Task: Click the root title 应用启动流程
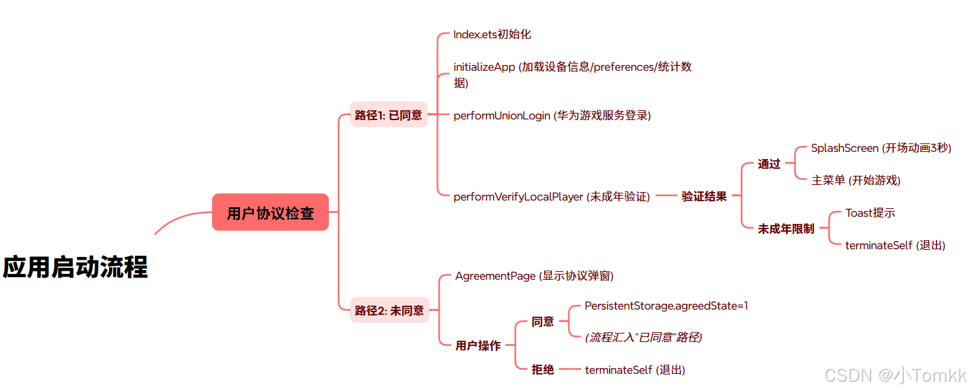(x=76, y=267)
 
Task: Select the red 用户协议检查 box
(x=270, y=212)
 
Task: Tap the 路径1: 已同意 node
(x=389, y=115)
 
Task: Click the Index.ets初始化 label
(x=492, y=34)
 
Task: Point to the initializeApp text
(x=484, y=67)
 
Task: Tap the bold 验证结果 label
(x=704, y=196)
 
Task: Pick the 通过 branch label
(x=769, y=164)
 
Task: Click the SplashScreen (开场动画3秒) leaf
(x=881, y=148)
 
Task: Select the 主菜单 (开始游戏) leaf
(x=856, y=180)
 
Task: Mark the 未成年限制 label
(x=786, y=228)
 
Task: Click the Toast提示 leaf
(x=870, y=213)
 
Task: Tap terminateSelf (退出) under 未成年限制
(x=895, y=245)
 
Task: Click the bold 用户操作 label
(x=478, y=346)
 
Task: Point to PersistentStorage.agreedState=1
(x=666, y=306)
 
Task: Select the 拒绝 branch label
(x=543, y=370)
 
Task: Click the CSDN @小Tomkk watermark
(x=895, y=375)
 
